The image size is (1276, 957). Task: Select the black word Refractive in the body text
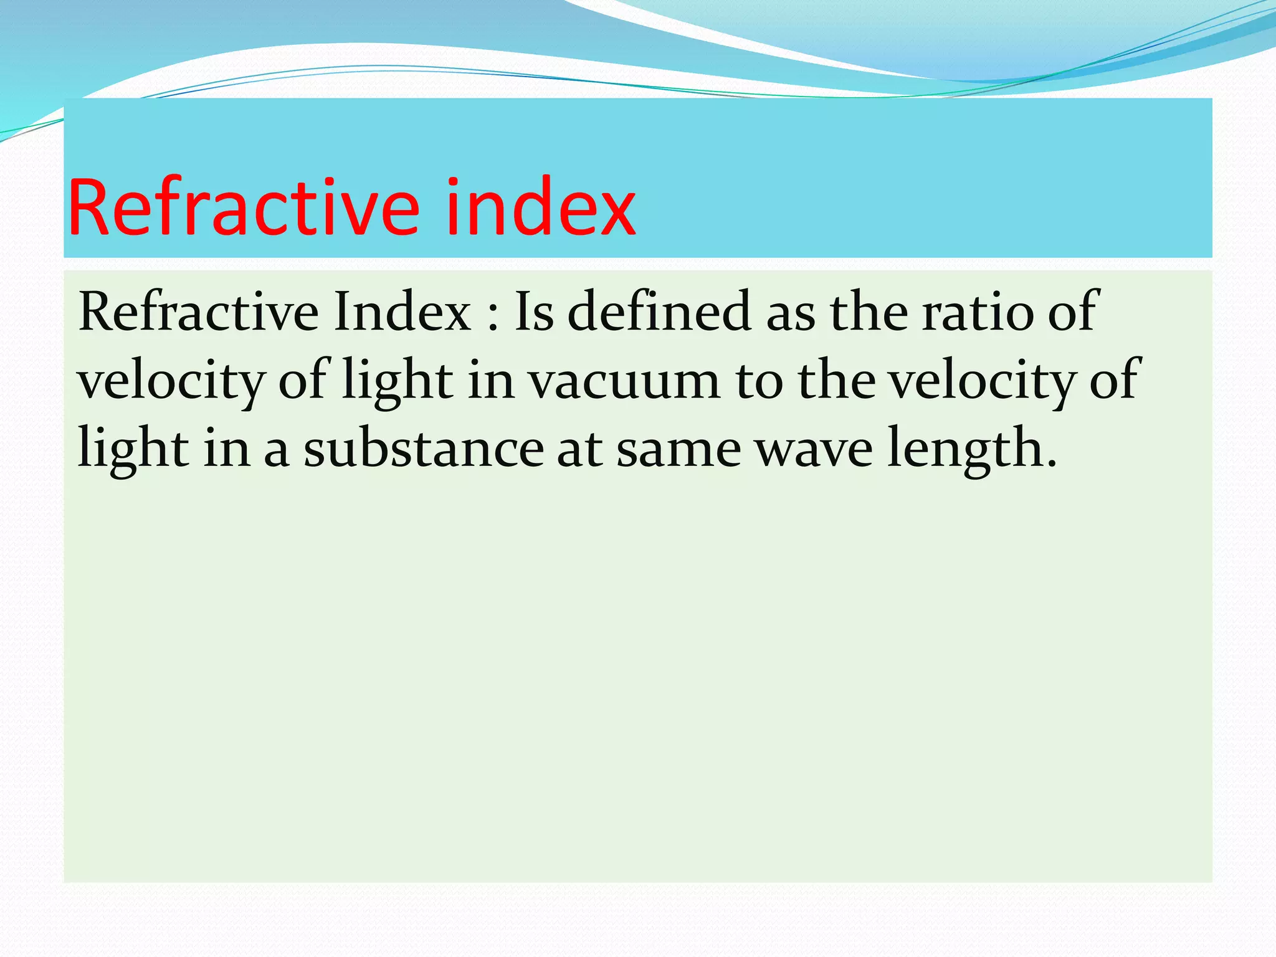pos(199,312)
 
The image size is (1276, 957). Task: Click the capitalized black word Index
pos(402,312)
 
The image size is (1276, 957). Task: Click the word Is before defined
pos(534,312)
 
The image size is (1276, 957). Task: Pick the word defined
pos(659,312)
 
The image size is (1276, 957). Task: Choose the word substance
pos(424,449)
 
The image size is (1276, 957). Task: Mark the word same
pos(678,449)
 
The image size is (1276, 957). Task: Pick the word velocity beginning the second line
pos(171,381)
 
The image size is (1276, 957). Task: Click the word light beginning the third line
pos(133,449)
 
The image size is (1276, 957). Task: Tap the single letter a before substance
pos(277,452)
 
